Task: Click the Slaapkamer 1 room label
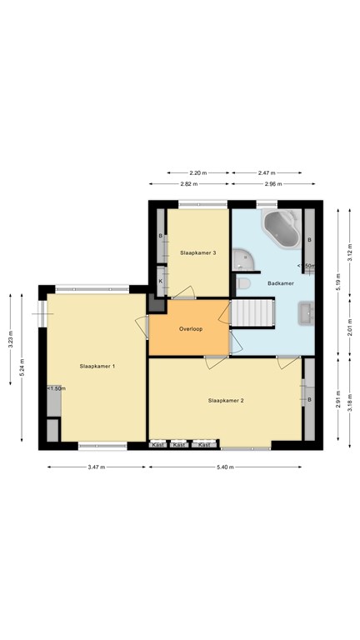[x=97, y=366]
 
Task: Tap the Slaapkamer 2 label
[x=225, y=401]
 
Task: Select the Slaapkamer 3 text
[x=198, y=252]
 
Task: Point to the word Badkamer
[x=280, y=283]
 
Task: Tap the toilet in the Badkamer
[x=243, y=284]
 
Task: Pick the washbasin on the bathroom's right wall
[x=306, y=314]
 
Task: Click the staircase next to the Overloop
[x=252, y=313]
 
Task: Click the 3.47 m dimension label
[x=95, y=467]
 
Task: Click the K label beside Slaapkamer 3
[x=161, y=281]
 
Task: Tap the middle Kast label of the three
[x=178, y=445]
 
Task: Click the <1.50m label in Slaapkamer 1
[x=56, y=388]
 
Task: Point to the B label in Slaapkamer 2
[x=309, y=399]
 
